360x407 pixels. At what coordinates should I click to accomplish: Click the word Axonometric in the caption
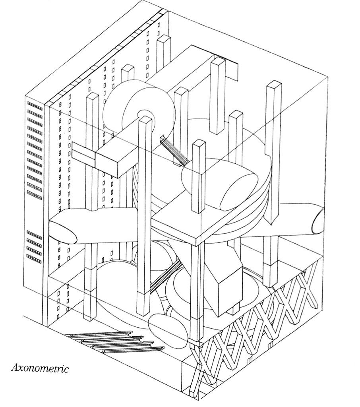(x=40, y=368)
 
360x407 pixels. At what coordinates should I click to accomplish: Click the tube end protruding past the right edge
(x=318, y=221)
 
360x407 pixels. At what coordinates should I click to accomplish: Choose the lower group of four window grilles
(x=35, y=246)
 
